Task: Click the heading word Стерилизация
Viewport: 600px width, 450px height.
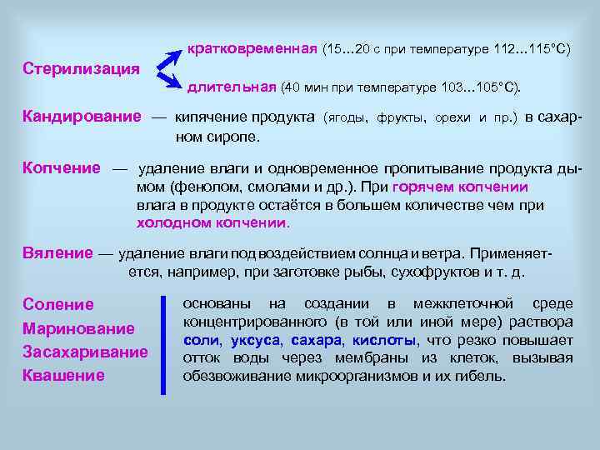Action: click(x=82, y=67)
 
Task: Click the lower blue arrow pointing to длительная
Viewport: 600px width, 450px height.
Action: click(x=171, y=79)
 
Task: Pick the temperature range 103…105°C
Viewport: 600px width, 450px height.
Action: click(x=477, y=87)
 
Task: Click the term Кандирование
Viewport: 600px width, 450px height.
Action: click(x=82, y=117)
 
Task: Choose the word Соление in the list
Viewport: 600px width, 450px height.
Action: click(x=58, y=305)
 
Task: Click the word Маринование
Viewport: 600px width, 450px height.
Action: click(x=78, y=328)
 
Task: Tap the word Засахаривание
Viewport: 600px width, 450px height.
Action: click(x=85, y=352)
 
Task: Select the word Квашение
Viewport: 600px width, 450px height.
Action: click(x=63, y=375)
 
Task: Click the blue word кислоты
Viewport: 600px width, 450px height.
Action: click(x=384, y=340)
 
